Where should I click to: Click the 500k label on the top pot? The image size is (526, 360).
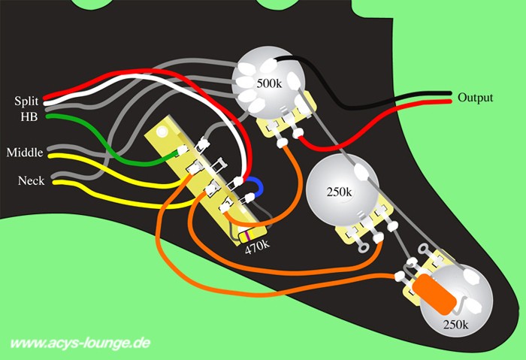coord(269,83)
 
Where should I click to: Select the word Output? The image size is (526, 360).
coord(476,98)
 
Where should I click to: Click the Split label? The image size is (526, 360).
coord(26,101)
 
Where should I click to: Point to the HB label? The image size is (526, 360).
coord(29,116)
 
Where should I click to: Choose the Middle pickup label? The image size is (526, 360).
coord(25,153)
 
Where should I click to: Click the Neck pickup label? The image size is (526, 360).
coord(32,181)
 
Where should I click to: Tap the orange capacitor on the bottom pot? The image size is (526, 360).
coord(435,294)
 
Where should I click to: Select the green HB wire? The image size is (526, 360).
coord(110,145)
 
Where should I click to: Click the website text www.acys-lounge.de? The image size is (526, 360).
coord(80,343)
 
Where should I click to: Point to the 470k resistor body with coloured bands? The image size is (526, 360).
coord(252,234)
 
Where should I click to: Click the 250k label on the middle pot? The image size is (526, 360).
coord(339,192)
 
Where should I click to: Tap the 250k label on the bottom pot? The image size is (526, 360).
coord(455,325)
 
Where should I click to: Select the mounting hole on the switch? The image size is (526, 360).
coord(162,132)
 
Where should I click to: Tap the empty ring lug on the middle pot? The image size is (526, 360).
coord(363,247)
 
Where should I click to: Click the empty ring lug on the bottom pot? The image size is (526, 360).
coord(423,250)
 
